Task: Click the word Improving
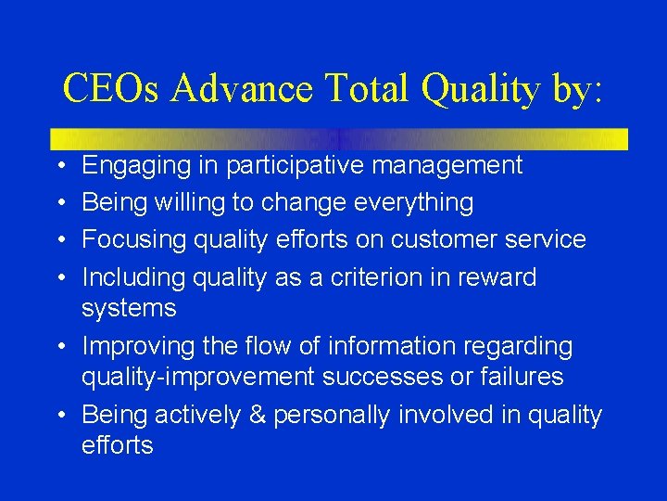tap(136, 346)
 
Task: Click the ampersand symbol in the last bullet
tap(283, 415)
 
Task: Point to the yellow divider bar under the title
tap(339, 139)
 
